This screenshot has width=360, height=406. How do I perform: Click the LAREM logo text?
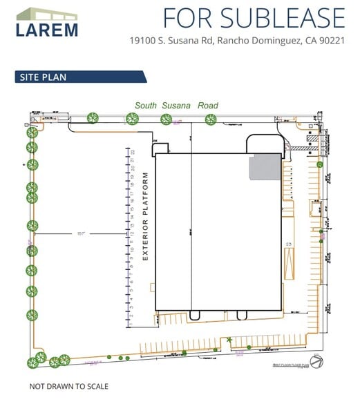47,29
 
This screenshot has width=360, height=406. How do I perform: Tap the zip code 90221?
330,40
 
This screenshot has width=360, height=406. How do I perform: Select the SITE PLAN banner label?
42,77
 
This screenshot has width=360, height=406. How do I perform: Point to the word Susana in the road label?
176,106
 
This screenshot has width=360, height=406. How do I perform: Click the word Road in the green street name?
207,106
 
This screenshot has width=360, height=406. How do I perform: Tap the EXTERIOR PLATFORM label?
146,216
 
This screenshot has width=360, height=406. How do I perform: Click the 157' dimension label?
81,234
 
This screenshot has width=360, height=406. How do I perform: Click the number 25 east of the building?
290,244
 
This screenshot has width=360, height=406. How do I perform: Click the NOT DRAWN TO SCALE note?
68,386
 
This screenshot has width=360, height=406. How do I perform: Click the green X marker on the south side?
229,339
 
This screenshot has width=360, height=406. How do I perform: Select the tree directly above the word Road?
210,119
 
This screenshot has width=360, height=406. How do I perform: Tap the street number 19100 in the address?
142,40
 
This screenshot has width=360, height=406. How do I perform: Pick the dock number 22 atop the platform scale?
132,151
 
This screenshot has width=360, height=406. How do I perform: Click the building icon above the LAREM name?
47,14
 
